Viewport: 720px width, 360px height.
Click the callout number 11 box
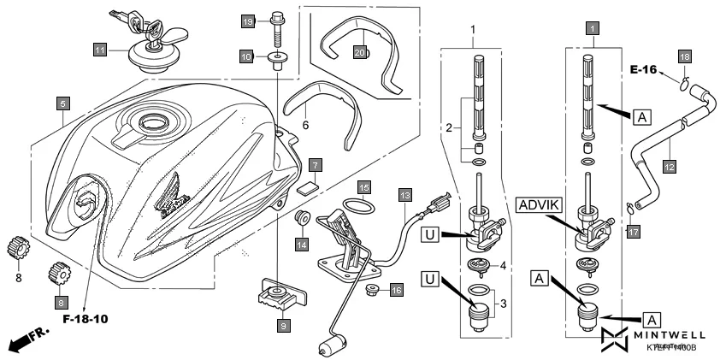point(100,50)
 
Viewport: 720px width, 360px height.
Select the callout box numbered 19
point(247,21)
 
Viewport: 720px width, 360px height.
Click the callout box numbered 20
point(360,53)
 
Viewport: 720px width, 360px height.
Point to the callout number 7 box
point(316,163)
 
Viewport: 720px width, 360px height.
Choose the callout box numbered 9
point(283,325)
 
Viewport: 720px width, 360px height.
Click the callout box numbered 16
point(395,291)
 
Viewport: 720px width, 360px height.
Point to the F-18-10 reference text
point(86,320)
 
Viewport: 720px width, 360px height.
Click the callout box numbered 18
point(684,56)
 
